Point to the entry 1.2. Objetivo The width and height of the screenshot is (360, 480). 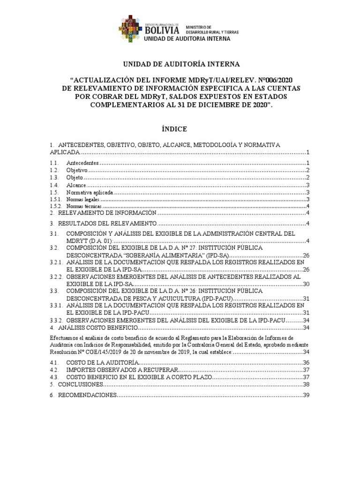click(x=75, y=170)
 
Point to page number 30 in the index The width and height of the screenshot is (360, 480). click(x=306, y=284)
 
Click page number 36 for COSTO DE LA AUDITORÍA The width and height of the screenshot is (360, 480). click(x=306, y=363)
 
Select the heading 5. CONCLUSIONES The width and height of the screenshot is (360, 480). click(x=80, y=384)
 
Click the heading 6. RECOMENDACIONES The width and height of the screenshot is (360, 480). click(x=87, y=396)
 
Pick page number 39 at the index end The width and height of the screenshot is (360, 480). click(x=306, y=396)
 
